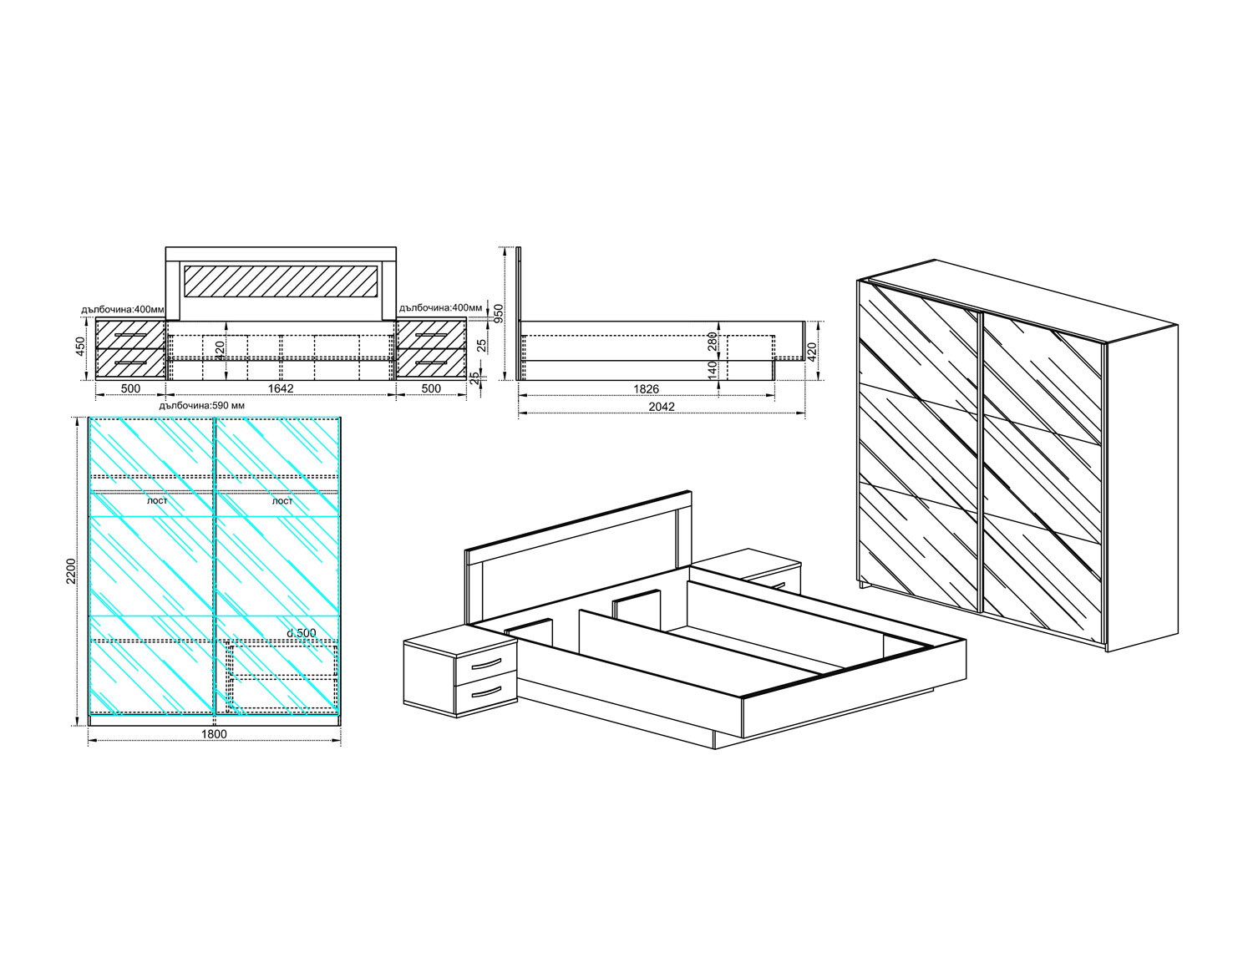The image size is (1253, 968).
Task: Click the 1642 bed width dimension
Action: pos(281,388)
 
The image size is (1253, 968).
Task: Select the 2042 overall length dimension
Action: pos(662,407)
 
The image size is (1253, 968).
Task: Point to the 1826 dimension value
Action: pos(646,388)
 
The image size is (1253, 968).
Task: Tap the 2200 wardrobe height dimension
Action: pos(70,570)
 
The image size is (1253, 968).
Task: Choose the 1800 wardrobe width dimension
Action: pos(214,734)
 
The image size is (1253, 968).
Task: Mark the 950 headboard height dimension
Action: pos(498,314)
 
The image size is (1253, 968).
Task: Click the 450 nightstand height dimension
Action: pos(81,346)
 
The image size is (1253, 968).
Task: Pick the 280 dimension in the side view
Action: pos(713,342)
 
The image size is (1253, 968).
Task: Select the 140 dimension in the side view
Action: pos(713,368)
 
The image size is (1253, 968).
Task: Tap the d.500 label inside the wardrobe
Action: pos(302,633)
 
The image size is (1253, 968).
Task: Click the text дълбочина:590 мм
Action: pos(202,405)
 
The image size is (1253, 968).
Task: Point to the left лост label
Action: pos(157,500)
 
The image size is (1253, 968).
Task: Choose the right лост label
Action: pos(282,501)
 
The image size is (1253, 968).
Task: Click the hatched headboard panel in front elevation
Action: pos(281,281)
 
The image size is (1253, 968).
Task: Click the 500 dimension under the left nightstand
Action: pos(130,388)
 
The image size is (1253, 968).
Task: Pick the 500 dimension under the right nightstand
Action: pos(431,388)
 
